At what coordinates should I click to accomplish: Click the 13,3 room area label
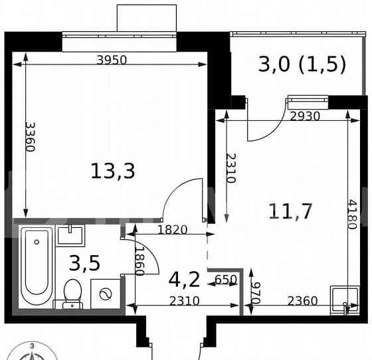(x=113, y=171)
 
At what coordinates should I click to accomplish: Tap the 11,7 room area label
(x=290, y=211)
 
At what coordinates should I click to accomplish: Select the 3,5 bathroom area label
(x=85, y=263)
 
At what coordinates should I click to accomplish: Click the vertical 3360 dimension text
(x=30, y=137)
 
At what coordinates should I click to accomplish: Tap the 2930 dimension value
(x=306, y=116)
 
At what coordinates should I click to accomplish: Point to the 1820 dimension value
(x=172, y=230)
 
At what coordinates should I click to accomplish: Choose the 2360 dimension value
(x=302, y=301)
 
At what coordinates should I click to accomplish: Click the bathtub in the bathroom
(x=36, y=266)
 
